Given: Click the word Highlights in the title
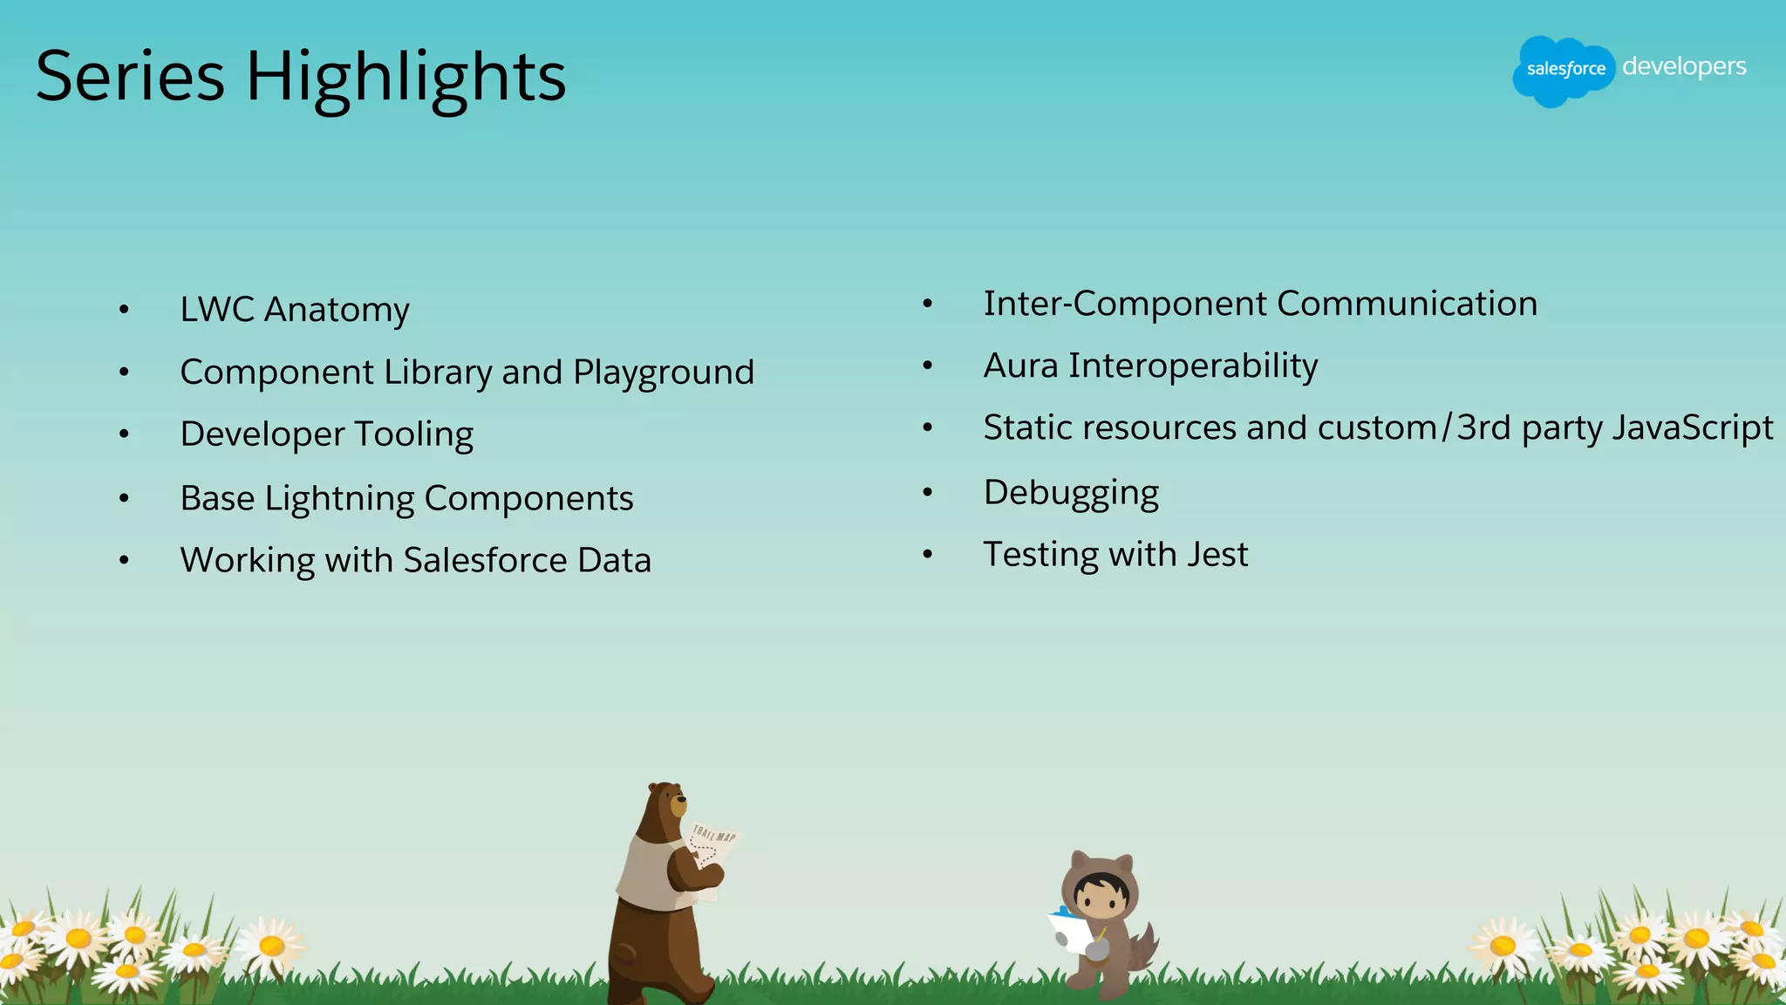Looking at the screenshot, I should (x=406, y=77).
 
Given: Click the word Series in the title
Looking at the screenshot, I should (x=130, y=77).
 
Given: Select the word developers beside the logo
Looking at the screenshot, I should (x=1684, y=66).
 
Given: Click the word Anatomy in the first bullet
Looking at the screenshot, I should (x=337, y=310).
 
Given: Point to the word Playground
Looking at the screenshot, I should (x=663, y=373).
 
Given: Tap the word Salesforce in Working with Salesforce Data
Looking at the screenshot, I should (x=485, y=560).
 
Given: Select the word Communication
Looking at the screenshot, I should (x=1407, y=304).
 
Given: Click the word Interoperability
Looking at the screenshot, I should (x=1193, y=366).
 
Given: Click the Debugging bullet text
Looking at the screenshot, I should (x=1071, y=493).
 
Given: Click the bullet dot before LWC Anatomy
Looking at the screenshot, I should (x=124, y=310).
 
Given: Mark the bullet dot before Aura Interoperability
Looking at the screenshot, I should (x=928, y=366).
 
